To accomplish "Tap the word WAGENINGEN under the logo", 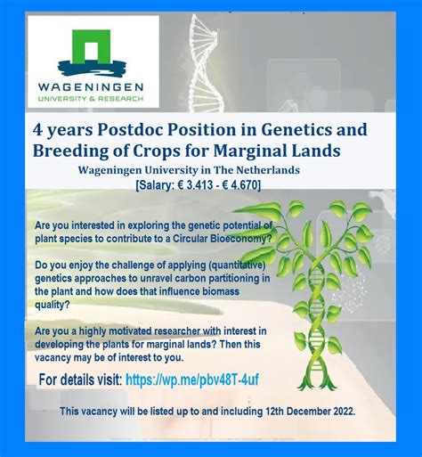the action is (91, 87).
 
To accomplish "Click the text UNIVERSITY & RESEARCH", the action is (91, 99).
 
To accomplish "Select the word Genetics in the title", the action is (296, 130).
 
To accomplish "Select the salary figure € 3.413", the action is (195, 185).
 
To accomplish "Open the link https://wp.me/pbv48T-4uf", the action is (192, 379).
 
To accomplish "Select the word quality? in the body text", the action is (53, 305).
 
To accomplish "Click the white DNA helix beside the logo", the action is (207, 62).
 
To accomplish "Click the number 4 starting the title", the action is (37, 130).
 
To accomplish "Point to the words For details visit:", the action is (80, 379).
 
